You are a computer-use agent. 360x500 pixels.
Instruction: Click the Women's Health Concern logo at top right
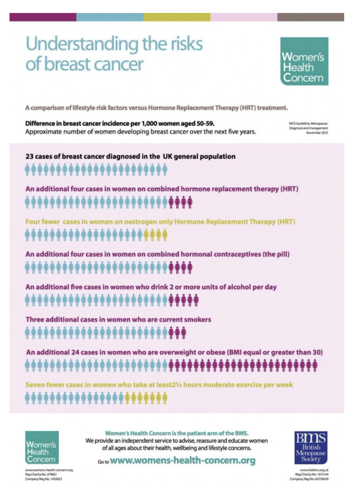pyautogui.click(x=304, y=61)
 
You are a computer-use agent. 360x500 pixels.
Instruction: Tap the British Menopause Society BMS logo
pyautogui.click(x=311, y=448)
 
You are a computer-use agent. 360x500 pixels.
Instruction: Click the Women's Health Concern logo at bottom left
pyautogui.click(x=42, y=447)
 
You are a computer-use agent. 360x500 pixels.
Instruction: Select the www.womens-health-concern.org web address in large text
pyautogui.click(x=183, y=461)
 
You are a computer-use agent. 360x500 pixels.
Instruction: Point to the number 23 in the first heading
pyautogui.click(x=29, y=157)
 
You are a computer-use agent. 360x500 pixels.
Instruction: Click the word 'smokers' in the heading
pyautogui.click(x=198, y=320)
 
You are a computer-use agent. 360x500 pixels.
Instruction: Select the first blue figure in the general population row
pyautogui.click(x=28, y=170)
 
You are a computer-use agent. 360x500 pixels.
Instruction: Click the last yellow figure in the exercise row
pyautogui.click(x=165, y=398)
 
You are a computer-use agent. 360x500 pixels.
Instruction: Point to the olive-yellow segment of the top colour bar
pyautogui.click(x=177, y=17)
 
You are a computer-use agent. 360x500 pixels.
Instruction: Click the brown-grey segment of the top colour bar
pyautogui.click(x=311, y=17)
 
